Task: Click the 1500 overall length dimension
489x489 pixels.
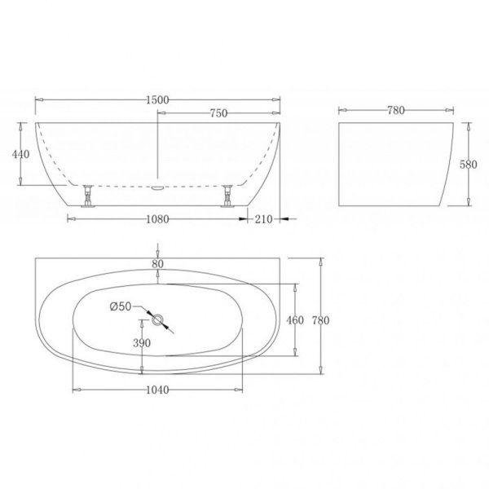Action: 157,99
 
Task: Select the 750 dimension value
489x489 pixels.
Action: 218,113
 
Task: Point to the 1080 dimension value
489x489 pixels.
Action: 157,218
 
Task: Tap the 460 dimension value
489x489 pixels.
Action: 295,320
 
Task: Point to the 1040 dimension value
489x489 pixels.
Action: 157,390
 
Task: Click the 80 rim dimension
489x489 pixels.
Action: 157,263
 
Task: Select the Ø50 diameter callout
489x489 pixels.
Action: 120,306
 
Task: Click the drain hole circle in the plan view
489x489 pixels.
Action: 157,319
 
